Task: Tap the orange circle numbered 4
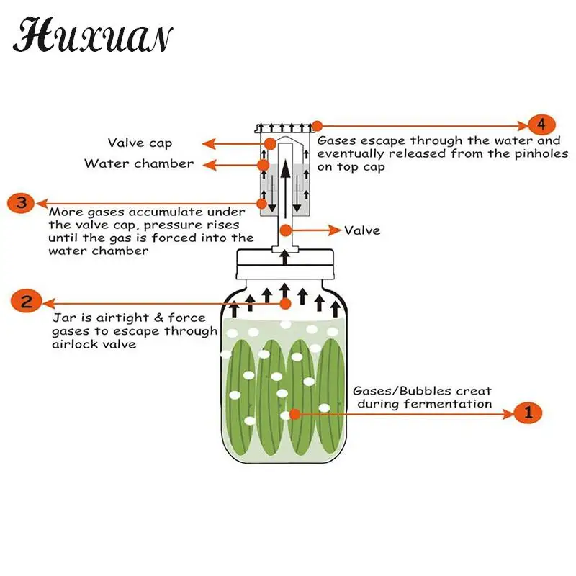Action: (541, 123)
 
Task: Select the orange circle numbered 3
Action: (21, 202)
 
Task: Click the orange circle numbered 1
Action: (528, 413)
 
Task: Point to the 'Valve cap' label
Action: (140, 143)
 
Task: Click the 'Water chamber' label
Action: (139, 163)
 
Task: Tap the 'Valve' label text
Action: (362, 230)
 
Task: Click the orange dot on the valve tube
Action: (286, 230)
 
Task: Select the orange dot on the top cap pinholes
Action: (316, 126)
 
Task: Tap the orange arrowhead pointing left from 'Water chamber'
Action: (210, 165)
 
